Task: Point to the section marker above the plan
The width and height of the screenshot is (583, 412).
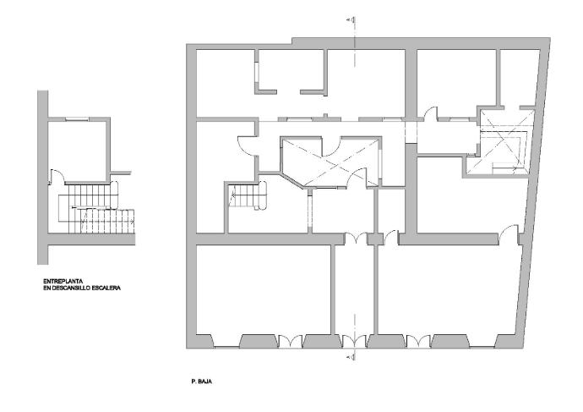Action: point(351,19)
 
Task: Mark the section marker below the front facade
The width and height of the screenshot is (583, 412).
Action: point(351,358)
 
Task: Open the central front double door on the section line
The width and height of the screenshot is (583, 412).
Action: point(354,341)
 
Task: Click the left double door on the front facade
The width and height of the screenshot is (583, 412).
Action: point(291,341)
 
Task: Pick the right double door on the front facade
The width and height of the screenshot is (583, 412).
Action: point(418,341)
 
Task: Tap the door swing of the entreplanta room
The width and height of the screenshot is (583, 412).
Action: point(56,177)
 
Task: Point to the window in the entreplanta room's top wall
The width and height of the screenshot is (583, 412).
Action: point(77,119)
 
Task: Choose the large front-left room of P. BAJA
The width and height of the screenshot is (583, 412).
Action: point(264,289)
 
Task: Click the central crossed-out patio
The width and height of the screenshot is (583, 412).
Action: point(330,161)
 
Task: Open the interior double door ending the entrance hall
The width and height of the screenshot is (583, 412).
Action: point(357,239)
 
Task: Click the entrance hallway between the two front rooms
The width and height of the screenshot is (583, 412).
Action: point(354,289)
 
